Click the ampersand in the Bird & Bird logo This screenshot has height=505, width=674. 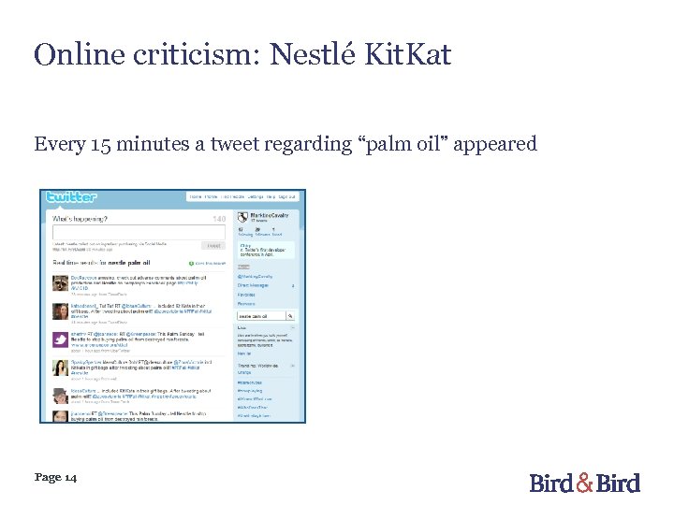[x=585, y=482]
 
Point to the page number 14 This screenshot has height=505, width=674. [x=70, y=477]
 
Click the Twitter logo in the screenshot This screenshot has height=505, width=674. [x=71, y=196]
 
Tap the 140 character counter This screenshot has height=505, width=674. [x=219, y=218]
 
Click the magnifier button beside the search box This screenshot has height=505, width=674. [x=291, y=316]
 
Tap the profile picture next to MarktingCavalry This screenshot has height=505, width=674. [x=242, y=216]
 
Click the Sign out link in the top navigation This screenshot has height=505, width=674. [x=286, y=197]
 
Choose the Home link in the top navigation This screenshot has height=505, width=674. [x=196, y=197]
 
